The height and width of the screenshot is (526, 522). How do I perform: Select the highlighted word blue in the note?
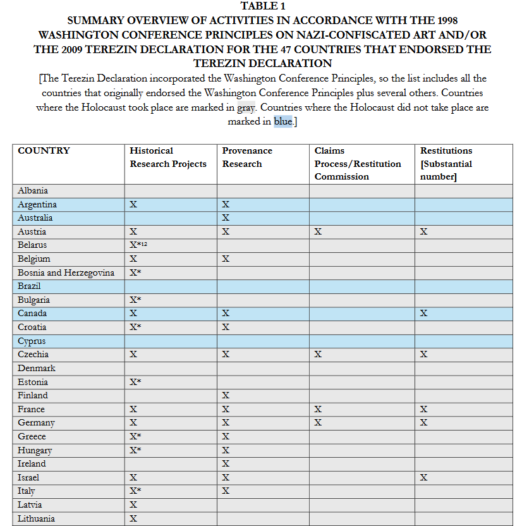click(x=283, y=121)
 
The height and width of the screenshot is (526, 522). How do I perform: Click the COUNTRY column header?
click(x=44, y=151)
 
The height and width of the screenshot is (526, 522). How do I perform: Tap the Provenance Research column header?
click(x=247, y=157)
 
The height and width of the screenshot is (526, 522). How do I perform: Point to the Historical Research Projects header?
click(x=168, y=157)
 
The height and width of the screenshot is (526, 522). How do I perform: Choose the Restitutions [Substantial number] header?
click(x=446, y=164)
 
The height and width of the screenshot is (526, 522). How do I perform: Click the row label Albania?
click(x=33, y=190)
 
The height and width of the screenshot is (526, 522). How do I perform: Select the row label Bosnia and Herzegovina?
click(x=66, y=272)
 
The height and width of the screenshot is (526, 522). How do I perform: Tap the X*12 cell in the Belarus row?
click(x=138, y=245)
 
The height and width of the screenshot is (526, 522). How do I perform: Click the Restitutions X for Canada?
click(x=424, y=314)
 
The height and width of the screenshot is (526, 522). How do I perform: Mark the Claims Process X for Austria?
click(x=318, y=232)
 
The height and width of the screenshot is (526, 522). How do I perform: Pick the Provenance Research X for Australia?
click(x=226, y=218)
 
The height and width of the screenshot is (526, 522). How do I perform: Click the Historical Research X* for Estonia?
click(x=135, y=382)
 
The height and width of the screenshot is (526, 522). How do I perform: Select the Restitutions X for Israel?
click(x=424, y=478)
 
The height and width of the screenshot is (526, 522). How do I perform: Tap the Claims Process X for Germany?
click(x=318, y=423)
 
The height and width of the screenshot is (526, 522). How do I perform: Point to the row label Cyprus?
click(x=32, y=341)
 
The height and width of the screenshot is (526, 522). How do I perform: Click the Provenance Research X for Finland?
click(x=226, y=396)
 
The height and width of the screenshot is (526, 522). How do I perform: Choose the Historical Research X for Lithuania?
click(x=133, y=519)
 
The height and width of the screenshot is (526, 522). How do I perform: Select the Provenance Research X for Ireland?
click(x=226, y=464)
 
